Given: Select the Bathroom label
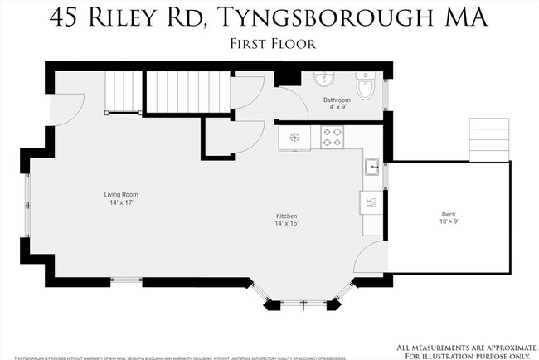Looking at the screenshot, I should tap(336, 100).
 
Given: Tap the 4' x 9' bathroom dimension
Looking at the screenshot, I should tap(336, 108).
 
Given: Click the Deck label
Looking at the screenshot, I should tap(448, 215).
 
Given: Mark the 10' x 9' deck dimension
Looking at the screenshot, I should tap(448, 222).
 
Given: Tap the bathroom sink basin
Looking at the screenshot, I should tap(324, 80).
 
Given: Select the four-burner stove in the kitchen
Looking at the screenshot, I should tap(332, 137).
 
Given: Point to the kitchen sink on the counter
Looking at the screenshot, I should tap(373, 167).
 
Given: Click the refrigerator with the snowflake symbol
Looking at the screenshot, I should tap(294, 137).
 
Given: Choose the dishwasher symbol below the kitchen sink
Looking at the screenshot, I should tap(371, 202).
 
